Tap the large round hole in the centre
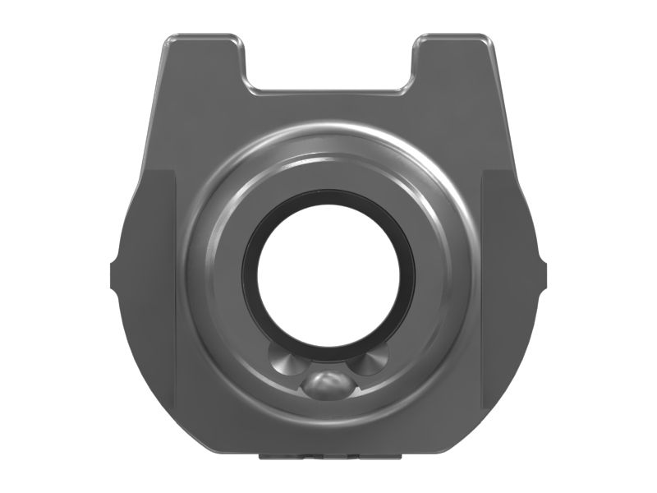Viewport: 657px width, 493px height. tap(328, 271)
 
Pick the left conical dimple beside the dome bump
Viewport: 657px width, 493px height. tap(283, 359)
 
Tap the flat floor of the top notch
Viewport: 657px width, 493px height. tap(328, 88)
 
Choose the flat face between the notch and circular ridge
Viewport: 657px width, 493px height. tap(328, 107)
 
